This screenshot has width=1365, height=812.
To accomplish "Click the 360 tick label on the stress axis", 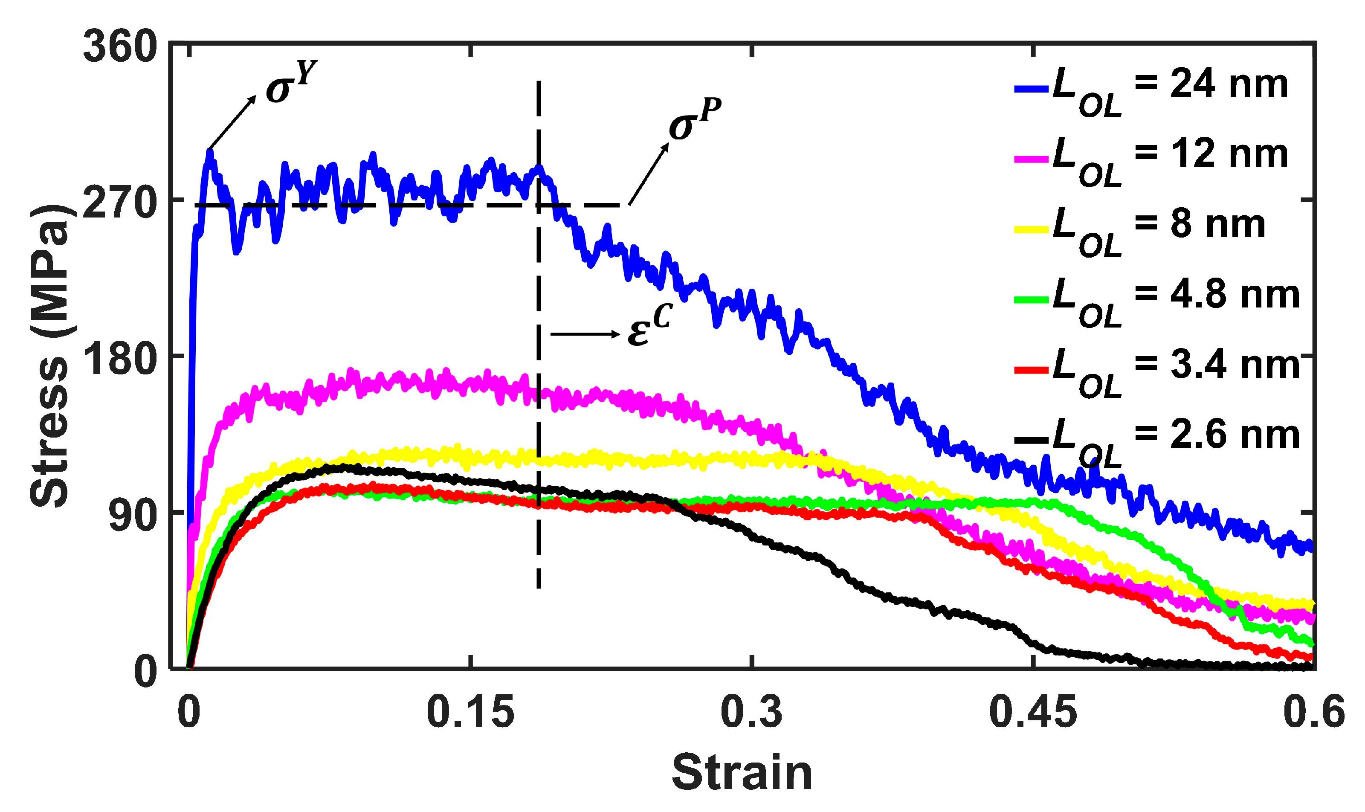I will tap(120, 47).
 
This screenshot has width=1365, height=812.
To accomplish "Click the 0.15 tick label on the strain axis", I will tap(470, 712).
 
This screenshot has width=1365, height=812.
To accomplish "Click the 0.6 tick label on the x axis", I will tap(1313, 712).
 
